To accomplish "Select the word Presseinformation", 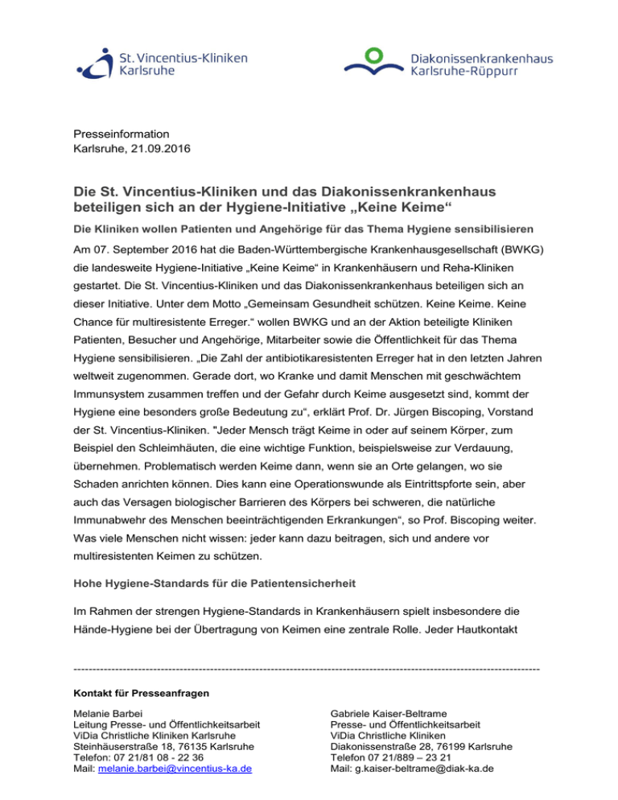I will click(x=121, y=134).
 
